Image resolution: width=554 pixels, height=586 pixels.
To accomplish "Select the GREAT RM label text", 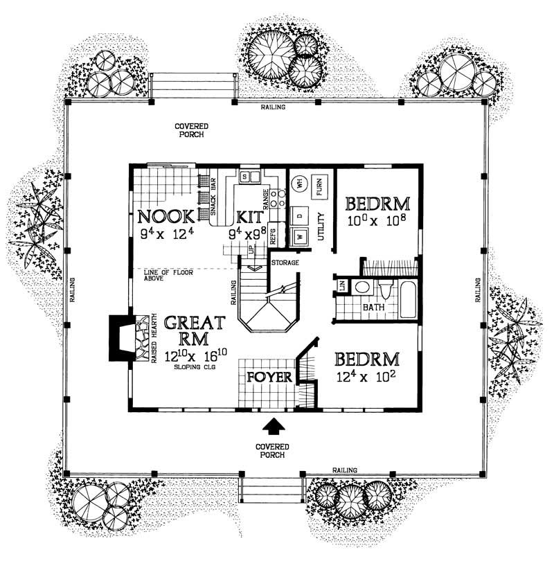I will pos(194,331).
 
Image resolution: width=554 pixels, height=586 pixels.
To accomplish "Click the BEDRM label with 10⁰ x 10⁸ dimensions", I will pos(377,204).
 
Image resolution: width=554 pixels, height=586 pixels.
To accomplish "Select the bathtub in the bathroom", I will pos(408,298).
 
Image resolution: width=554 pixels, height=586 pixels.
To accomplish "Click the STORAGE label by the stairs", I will pos(284,263).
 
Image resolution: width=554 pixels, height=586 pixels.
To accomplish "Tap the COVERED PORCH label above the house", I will pos(189,130).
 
